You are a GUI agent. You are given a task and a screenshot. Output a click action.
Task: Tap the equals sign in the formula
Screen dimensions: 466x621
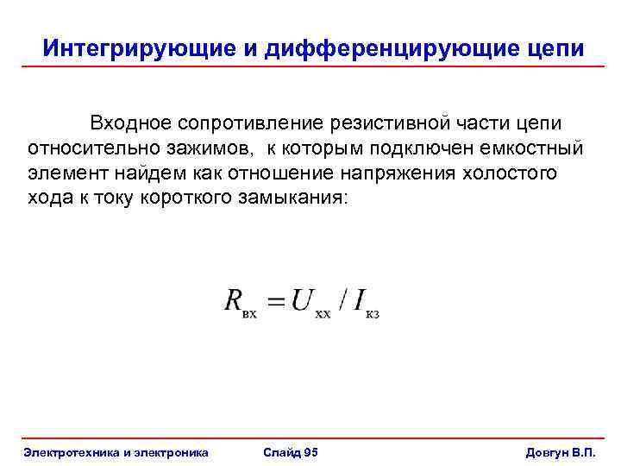pyautogui.click(x=275, y=301)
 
